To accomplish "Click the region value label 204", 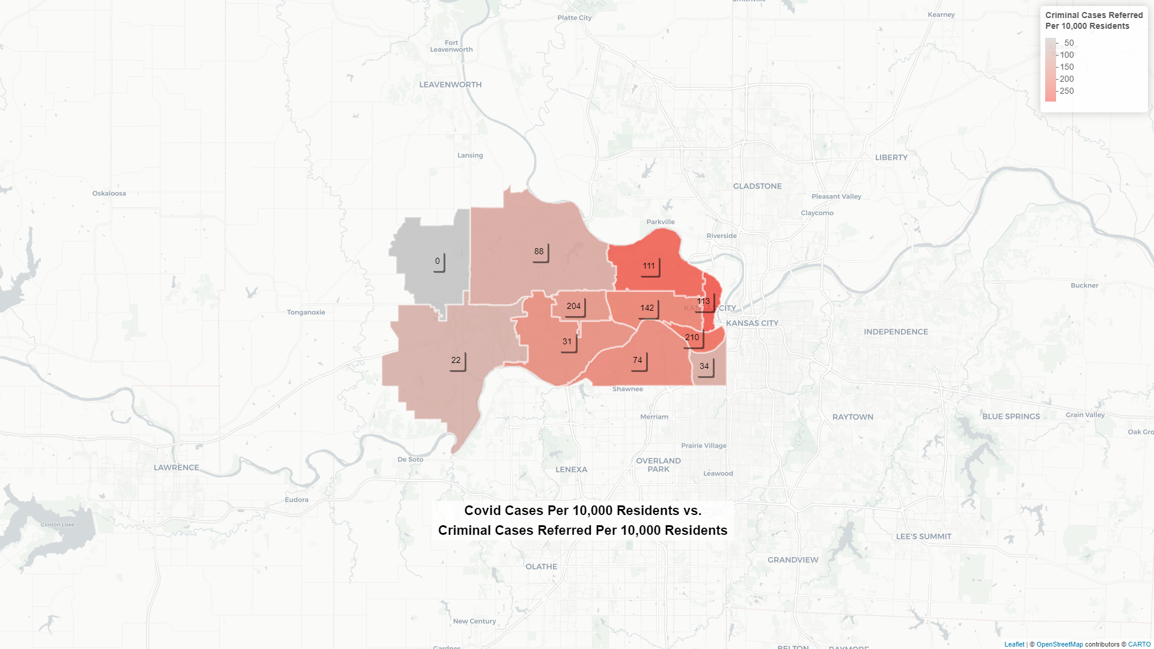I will pos(574,306).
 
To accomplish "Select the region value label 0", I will pos(438,261).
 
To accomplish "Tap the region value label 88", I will pos(539,252).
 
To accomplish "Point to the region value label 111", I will pos(649,266).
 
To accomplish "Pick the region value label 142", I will pos(647,308).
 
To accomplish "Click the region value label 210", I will pos(692,338).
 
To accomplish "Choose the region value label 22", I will pos(456,361).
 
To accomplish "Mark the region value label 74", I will pos(638,361).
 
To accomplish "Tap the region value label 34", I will pos(704,367).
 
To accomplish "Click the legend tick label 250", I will pos(1067,91).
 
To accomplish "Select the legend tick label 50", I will pos(1069,43).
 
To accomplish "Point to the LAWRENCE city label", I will pos(176,468).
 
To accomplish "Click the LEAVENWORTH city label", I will pos(450,85).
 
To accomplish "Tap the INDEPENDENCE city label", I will pos(896,332).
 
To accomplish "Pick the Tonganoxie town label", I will pos(306,312).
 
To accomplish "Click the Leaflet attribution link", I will pos(1014,644).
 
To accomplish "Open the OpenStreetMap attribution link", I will pos(1060,644).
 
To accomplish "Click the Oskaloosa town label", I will pos(109,193).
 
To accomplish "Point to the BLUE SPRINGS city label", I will pos(1011,416).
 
